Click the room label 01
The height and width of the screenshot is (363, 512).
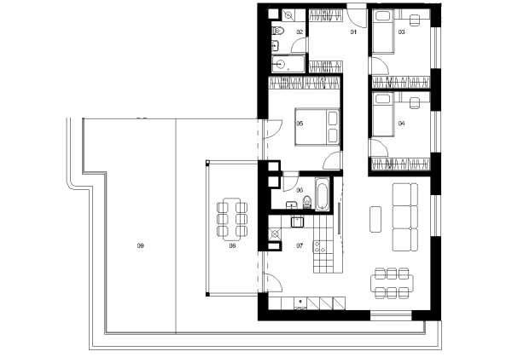(x=353, y=32)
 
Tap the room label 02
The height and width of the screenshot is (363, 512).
(x=300, y=32)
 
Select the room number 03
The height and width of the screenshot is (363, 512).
(x=402, y=32)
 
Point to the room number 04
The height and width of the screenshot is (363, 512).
(x=402, y=124)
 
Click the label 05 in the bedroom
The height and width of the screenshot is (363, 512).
(x=300, y=124)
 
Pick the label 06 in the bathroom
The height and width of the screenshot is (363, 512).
(x=300, y=190)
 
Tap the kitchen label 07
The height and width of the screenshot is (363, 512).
(x=300, y=245)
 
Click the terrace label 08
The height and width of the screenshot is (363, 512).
(x=232, y=245)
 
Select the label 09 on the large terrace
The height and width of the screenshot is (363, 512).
(x=141, y=245)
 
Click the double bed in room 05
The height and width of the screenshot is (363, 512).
(x=317, y=127)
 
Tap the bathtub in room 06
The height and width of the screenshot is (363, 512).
(x=322, y=194)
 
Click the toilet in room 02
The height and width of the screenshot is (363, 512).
(x=278, y=31)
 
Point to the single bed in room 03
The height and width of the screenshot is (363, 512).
(x=383, y=32)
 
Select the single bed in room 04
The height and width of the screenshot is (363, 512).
(x=383, y=114)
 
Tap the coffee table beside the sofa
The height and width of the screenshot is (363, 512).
(x=375, y=219)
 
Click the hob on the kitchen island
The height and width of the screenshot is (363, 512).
(x=319, y=246)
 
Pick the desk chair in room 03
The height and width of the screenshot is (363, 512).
(x=415, y=20)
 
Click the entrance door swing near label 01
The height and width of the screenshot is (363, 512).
(x=357, y=16)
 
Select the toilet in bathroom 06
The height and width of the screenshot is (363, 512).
(x=307, y=202)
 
